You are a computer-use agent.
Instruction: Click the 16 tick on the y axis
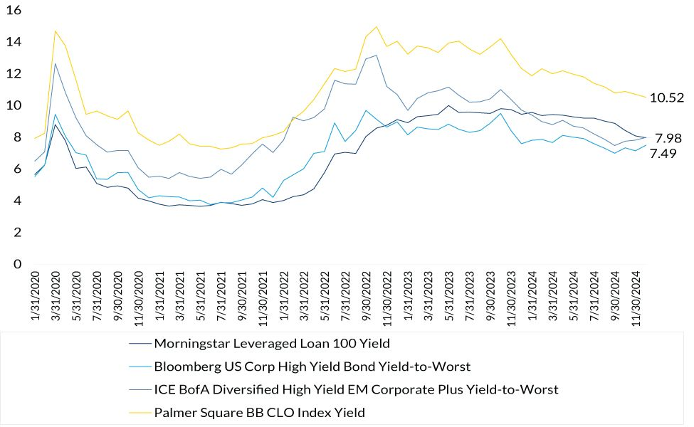pyautogui.click(x=14, y=11)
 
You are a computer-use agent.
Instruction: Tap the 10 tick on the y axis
pyautogui.click(x=14, y=106)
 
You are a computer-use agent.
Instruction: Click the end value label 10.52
pyautogui.click(x=667, y=98)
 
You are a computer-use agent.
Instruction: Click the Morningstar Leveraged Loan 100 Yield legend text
pyautogui.click(x=272, y=343)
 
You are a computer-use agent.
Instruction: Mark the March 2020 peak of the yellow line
pyautogui.click(x=56, y=31)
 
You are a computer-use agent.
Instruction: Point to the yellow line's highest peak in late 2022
pyautogui.click(x=376, y=26)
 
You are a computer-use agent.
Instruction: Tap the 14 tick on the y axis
pyautogui.click(x=14, y=43)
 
